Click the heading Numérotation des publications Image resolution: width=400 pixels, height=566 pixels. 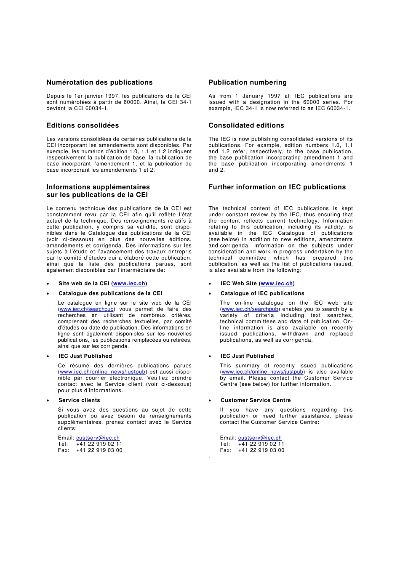click(99, 82)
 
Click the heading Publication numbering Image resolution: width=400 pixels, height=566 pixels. click(247, 82)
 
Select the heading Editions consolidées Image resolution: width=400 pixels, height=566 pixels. click(83, 125)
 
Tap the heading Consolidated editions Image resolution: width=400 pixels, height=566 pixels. click(246, 125)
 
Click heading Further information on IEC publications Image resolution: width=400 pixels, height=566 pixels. click(277, 187)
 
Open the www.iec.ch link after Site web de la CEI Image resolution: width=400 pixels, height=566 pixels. click(129, 284)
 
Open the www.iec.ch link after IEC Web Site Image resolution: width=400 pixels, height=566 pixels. click(277, 284)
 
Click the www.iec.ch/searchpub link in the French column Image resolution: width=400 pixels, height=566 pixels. click(87, 309)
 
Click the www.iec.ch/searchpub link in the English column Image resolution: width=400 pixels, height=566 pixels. click(250, 309)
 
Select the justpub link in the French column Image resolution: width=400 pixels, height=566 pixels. click(103, 372)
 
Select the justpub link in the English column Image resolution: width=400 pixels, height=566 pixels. click(262, 372)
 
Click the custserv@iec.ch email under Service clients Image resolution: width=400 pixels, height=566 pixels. click(98, 438)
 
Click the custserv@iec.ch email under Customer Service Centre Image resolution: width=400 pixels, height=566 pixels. click(260, 438)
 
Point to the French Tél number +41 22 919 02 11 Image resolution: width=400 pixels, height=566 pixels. click(99, 444)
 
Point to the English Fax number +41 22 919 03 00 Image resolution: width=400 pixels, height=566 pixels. click(261, 450)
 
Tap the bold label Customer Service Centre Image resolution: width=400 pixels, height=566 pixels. click(255, 400)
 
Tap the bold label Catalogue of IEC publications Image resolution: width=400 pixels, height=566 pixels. click(262, 293)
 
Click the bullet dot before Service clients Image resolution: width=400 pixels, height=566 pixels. click(48, 401)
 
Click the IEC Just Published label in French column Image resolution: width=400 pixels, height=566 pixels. click(85, 356)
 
